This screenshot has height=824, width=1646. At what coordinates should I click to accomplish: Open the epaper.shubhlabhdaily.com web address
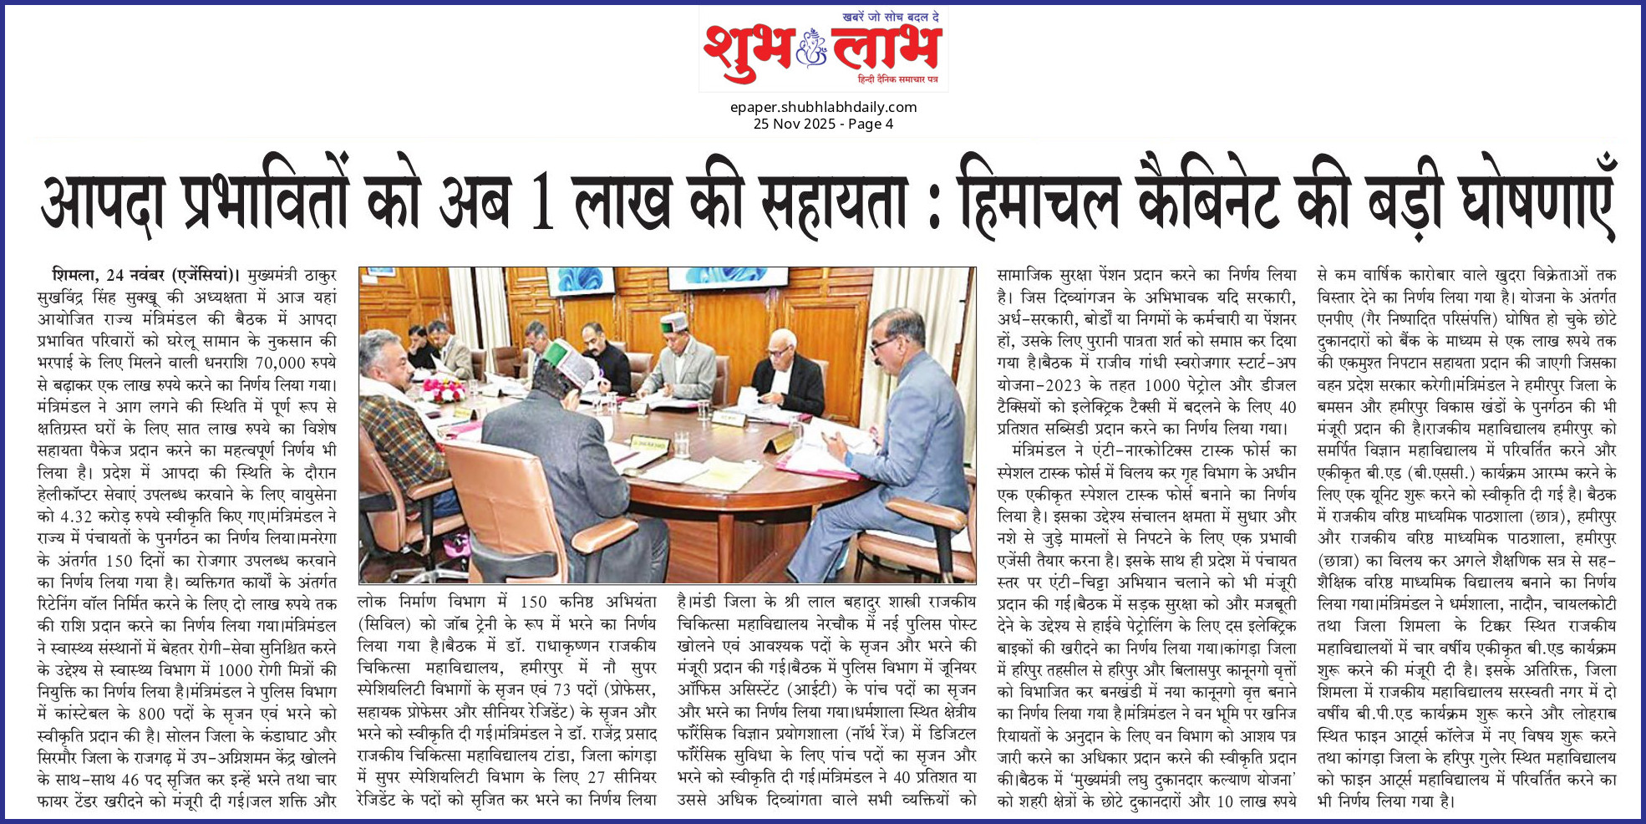tap(823, 107)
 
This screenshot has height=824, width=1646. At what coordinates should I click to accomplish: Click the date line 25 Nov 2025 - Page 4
tap(823, 124)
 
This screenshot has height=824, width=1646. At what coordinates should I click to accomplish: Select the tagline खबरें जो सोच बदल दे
tap(891, 17)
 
